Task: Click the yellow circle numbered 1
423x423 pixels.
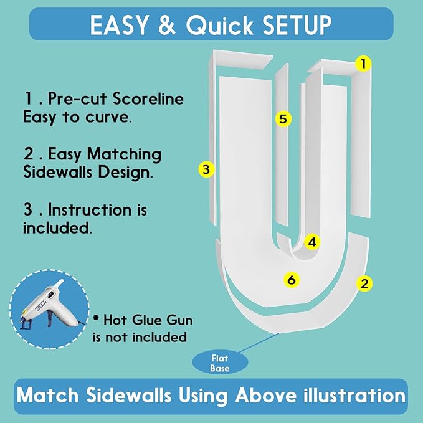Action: [x=363, y=64]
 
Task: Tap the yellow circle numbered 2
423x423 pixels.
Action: [x=364, y=283]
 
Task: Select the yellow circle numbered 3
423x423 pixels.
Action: [x=206, y=169]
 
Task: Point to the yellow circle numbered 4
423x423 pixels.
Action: [x=312, y=242]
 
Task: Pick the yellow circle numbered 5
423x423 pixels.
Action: [x=283, y=119]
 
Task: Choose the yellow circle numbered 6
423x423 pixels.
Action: [x=292, y=280]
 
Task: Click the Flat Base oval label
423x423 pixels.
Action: [x=220, y=363]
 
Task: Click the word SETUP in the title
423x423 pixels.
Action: [x=297, y=25]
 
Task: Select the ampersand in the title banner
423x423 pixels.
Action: [x=167, y=25]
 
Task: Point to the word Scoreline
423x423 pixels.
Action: [x=148, y=98]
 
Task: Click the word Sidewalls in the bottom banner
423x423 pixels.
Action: [x=128, y=396]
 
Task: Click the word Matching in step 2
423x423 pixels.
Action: [x=124, y=155]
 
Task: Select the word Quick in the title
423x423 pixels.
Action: [x=219, y=25]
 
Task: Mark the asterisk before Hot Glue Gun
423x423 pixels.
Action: [x=96, y=318]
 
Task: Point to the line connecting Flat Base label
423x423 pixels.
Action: [x=259, y=343]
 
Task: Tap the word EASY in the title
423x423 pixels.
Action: [x=119, y=25]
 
